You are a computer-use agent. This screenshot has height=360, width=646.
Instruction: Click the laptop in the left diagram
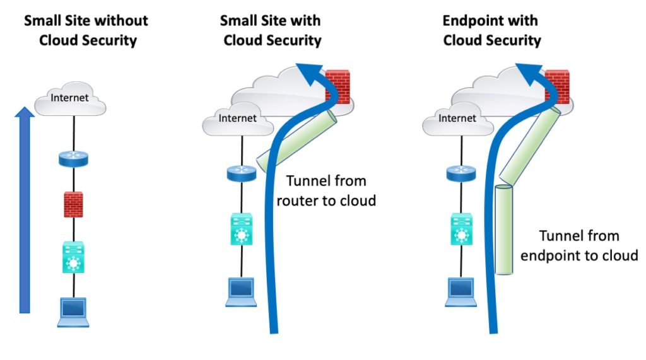pos(73,311)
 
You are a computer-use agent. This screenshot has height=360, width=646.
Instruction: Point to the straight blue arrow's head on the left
pos(24,114)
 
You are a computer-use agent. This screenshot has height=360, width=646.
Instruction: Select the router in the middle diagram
pos(241,173)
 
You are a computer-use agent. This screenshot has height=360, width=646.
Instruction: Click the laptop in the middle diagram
pos(241,291)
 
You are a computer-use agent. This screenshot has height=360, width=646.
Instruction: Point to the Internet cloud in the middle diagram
pos(237,119)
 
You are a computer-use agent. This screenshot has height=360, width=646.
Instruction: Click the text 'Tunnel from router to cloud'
pos(326,191)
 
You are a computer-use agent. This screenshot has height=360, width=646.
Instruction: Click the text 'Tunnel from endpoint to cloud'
pos(579,246)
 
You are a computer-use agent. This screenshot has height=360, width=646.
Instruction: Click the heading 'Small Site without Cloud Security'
pos(85,30)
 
